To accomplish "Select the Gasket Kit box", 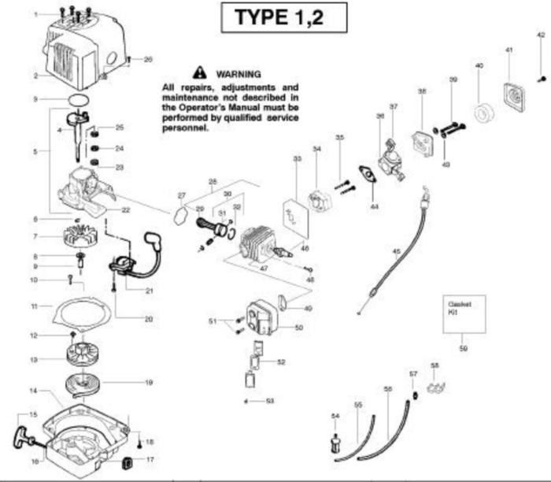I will pos(462,313).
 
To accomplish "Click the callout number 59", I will pos(464,347).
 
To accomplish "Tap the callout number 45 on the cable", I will pos(396,252).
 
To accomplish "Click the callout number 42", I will pos(540,35).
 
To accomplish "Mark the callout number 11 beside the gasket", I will pos(35,306).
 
